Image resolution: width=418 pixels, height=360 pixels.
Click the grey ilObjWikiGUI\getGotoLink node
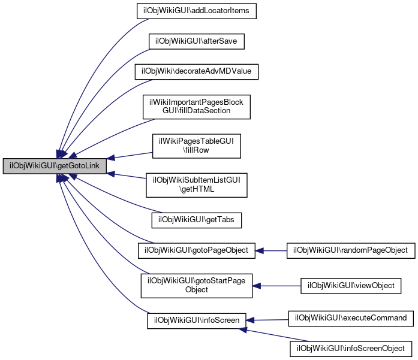[55, 166]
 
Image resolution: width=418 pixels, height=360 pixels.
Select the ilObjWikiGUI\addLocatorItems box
[197, 11]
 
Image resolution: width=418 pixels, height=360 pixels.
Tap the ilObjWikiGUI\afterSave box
[197, 41]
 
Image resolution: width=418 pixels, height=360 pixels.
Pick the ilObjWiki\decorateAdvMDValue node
[197, 72]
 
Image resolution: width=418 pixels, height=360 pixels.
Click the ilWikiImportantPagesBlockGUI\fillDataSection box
[197, 107]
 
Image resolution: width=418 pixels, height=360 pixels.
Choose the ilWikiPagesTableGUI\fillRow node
[197, 146]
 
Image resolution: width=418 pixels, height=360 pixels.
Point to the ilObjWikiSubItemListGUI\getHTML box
[197, 185]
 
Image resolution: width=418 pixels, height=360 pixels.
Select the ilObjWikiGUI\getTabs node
[197, 220]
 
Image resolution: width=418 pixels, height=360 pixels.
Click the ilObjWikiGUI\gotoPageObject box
[197, 250]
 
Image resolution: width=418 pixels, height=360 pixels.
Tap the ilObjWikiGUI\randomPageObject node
[351, 250]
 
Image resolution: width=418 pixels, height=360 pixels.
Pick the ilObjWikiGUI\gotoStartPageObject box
[197, 286]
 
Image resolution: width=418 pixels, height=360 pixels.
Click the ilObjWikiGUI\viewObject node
[351, 286]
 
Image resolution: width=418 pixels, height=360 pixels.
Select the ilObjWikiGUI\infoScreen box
[197, 320]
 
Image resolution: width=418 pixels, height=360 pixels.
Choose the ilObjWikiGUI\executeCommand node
[351, 319]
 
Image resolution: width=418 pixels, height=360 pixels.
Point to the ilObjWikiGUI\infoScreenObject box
[351, 349]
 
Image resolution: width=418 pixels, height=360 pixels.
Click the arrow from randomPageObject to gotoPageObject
[271, 250]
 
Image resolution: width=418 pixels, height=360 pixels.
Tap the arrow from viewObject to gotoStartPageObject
[276, 286]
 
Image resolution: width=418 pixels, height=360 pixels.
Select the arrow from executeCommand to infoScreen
[267, 320]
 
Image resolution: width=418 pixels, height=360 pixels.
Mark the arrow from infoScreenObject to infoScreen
[273, 335]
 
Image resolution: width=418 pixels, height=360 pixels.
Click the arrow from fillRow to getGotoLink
[130, 156]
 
